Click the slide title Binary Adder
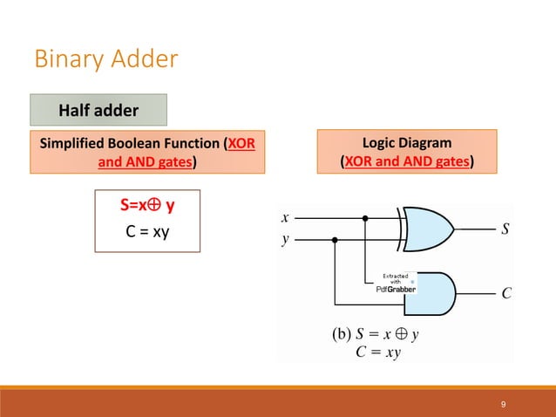tap(105, 59)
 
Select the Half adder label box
tap(98, 111)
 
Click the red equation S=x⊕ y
tap(146, 206)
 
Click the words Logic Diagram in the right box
tap(407, 142)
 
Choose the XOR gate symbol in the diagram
tap(427, 229)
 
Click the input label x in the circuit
tap(285, 217)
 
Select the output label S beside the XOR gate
tap(505, 230)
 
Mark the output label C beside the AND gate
tap(505, 294)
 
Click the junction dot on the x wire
tap(365, 218)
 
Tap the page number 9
tap(504, 404)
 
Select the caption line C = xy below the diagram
tap(379, 353)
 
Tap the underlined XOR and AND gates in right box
tap(407, 161)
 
